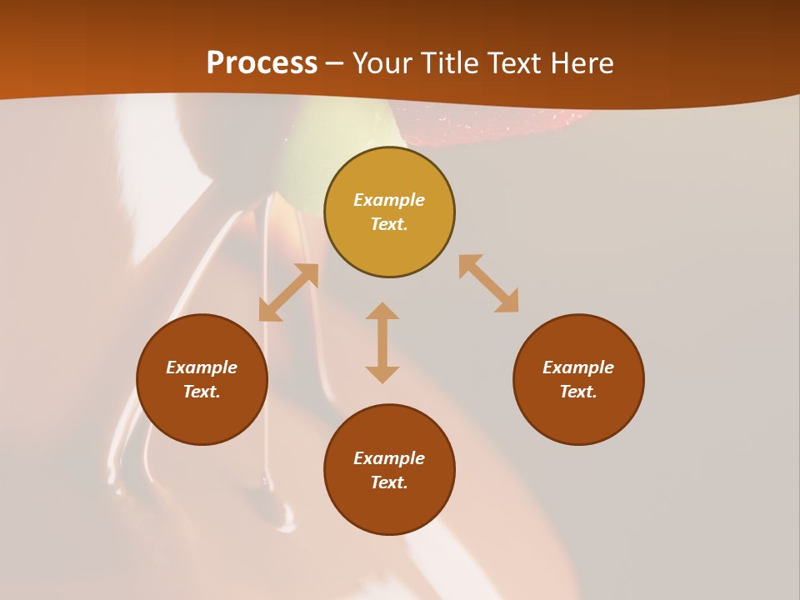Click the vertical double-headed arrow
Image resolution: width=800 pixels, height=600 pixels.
point(382,342)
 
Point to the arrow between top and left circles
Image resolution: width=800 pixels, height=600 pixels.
point(289,292)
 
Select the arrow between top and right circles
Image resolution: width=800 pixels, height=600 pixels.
point(488,283)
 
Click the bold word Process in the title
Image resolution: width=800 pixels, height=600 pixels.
point(262,63)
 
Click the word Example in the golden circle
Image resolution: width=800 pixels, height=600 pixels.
point(389,200)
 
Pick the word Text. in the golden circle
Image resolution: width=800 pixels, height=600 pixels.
point(389,224)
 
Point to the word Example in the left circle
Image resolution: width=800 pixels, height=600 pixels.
point(202,367)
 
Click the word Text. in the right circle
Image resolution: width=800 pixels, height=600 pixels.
point(578,392)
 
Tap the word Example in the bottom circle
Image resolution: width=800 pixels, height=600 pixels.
point(389,458)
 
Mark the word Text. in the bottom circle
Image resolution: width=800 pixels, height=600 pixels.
point(389,482)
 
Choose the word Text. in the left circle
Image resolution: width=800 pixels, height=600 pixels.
point(202,392)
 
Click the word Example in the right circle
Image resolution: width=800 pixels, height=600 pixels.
point(578,367)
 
